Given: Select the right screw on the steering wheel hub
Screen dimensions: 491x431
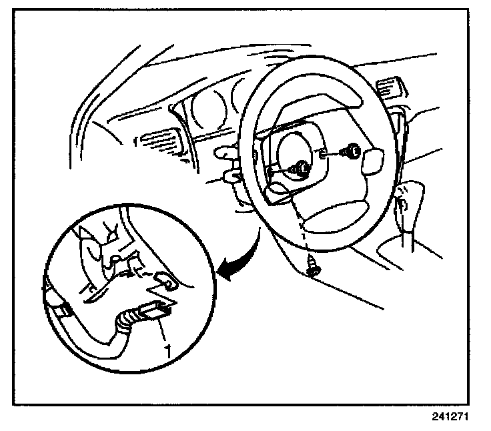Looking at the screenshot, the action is pos(349,153).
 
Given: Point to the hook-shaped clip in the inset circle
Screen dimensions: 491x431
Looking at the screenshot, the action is pos(164,280).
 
